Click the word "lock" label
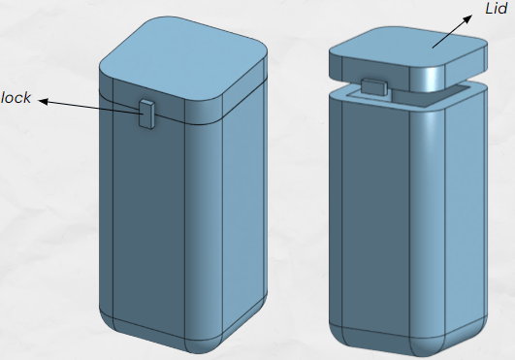[16, 98]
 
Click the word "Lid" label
[496, 8]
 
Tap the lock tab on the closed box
[146, 114]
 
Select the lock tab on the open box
[373, 87]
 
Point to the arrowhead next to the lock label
[44, 102]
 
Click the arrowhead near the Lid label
[467, 19]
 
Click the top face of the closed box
[182, 59]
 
